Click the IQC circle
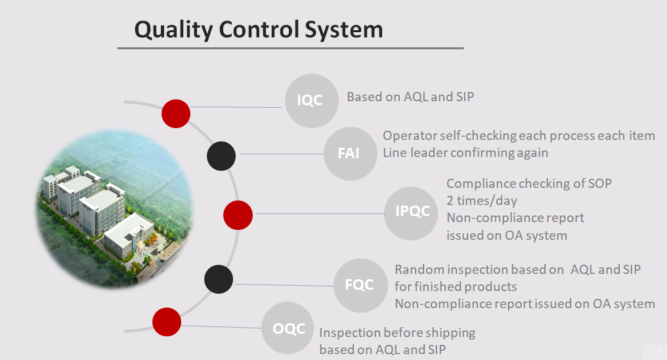coord(312,101)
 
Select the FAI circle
coord(351,154)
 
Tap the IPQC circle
coord(411,214)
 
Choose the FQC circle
coord(360,286)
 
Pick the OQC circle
coord(288,328)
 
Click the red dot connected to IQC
coord(176,114)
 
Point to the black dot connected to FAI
coord(221,156)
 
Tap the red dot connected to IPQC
coord(238,215)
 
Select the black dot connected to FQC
coord(219,279)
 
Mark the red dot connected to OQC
coord(167,322)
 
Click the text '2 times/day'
coord(482,200)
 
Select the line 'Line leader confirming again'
coord(465,153)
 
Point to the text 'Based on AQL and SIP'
coord(410,97)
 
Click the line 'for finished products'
coord(456,286)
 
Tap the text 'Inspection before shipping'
coord(397,333)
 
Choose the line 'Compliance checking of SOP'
coord(529,183)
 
